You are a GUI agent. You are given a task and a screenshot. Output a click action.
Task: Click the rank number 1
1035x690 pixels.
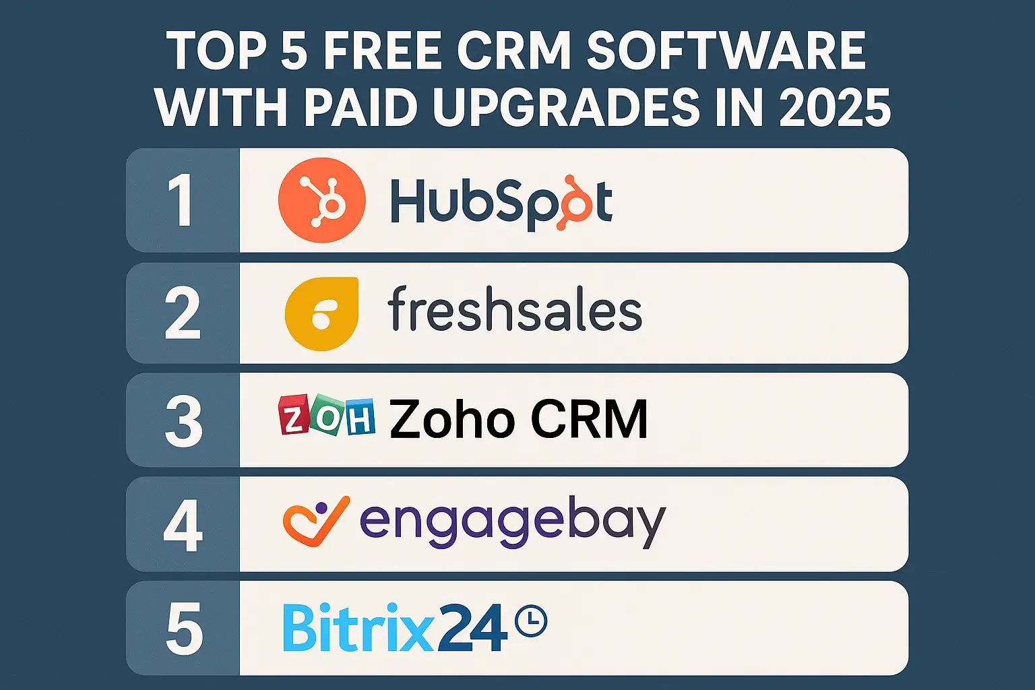coord(181,200)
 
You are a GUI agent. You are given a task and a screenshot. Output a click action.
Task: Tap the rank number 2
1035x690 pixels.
coord(183,313)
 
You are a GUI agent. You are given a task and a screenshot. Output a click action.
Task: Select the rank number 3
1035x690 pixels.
coord(183,420)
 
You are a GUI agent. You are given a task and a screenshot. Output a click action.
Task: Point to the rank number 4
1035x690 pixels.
coord(183,526)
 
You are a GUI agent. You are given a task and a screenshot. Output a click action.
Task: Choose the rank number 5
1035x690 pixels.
coord(184,629)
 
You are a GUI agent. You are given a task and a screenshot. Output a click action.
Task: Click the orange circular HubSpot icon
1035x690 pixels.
coord(322,200)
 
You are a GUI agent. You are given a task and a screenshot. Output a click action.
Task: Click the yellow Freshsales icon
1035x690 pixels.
coord(321,314)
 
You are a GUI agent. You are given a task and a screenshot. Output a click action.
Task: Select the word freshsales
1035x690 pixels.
coord(515,310)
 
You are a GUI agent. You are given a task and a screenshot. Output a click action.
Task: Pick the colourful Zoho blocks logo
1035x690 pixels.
coord(327,416)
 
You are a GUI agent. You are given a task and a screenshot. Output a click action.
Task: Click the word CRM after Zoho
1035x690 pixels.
coord(589,419)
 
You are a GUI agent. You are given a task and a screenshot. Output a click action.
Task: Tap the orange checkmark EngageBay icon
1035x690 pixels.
coord(315,521)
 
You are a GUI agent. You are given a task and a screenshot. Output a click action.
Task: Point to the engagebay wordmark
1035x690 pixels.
coord(512,522)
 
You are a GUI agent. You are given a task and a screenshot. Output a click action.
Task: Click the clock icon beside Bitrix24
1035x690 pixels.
coord(530,621)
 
